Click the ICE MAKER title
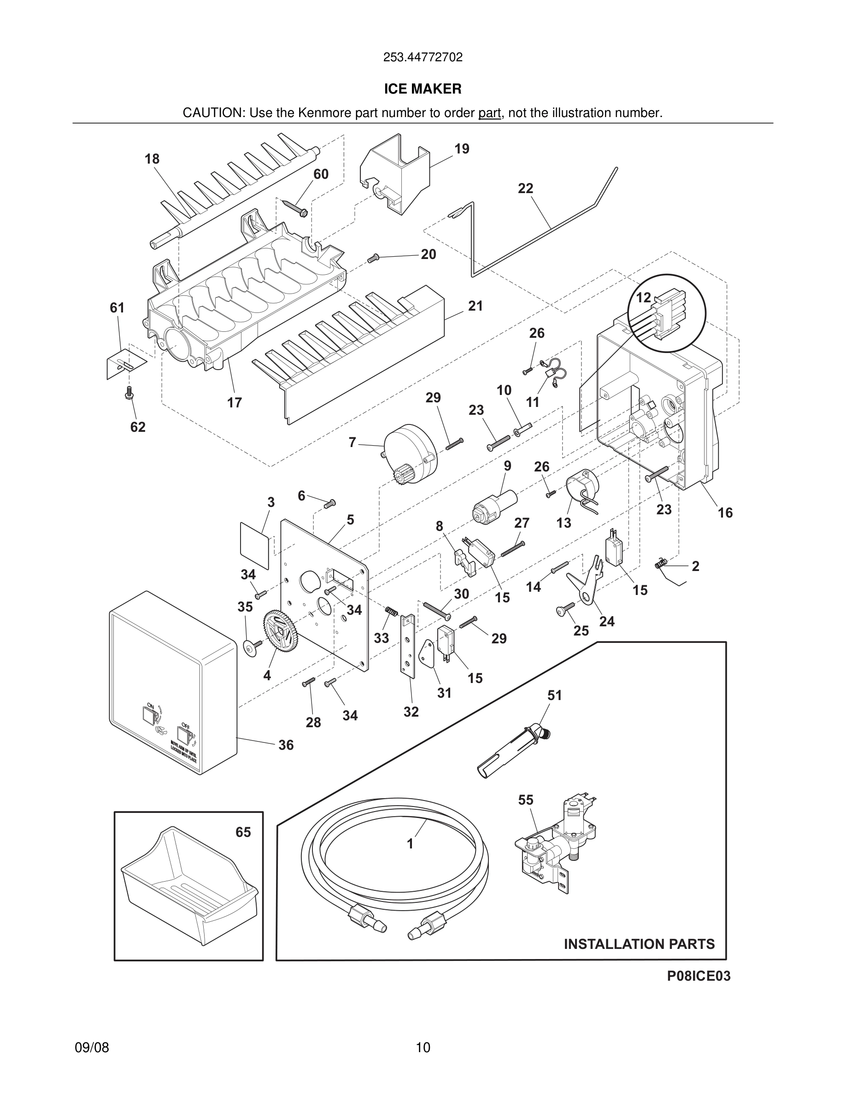coord(423,89)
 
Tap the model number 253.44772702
coord(423,58)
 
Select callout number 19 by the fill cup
coord(462,149)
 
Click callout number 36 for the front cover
coord(286,745)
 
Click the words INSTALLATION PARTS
coord(639,944)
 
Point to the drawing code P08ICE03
coord(698,976)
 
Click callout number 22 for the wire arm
coord(525,188)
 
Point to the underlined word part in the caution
coord(489,113)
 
